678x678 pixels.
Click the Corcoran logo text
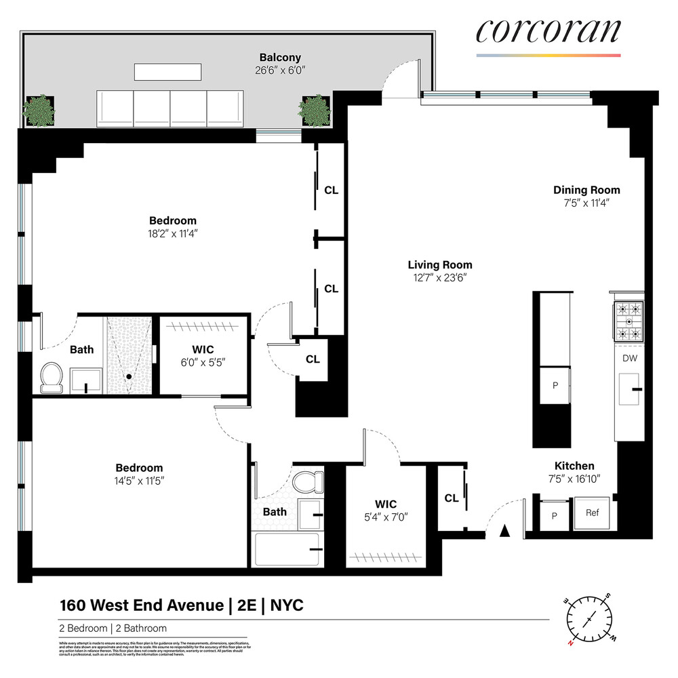pyautogui.click(x=548, y=31)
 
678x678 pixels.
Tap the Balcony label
pyautogui.click(x=280, y=58)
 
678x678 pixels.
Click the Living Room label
pyautogui.click(x=440, y=265)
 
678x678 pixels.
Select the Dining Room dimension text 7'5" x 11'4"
pyautogui.click(x=586, y=203)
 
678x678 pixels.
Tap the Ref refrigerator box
pyautogui.click(x=592, y=513)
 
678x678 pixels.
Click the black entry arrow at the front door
pyautogui.click(x=504, y=532)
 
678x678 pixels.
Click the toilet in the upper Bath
pyautogui.click(x=52, y=377)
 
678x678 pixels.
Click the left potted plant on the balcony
pyautogui.click(x=39, y=109)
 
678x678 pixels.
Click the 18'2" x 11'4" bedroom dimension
pyautogui.click(x=173, y=233)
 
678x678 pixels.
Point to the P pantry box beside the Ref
pyautogui.click(x=555, y=515)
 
